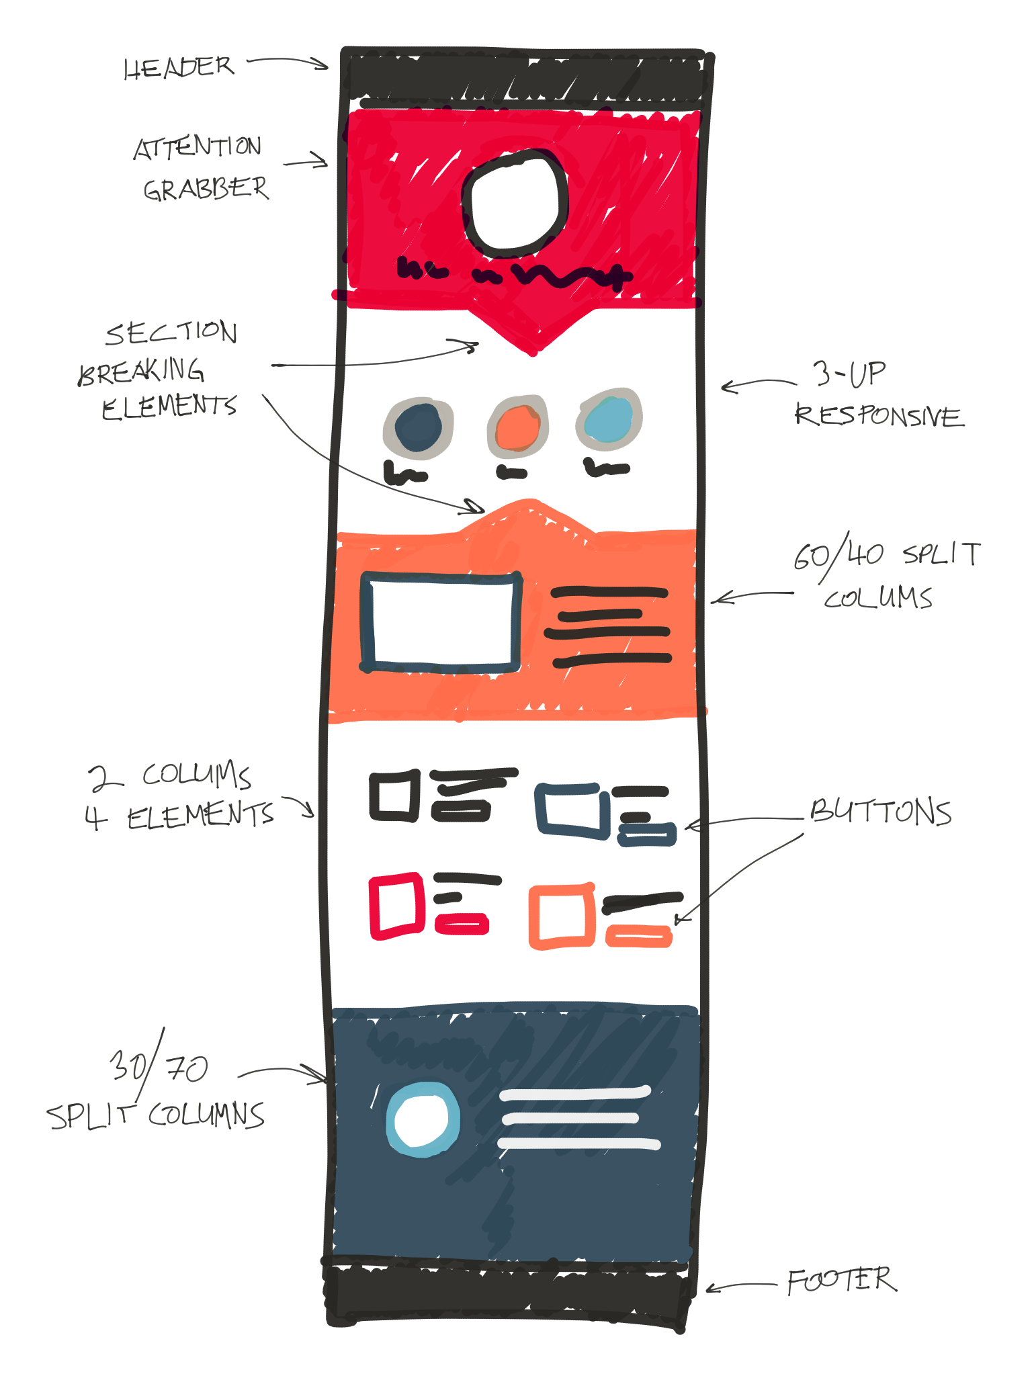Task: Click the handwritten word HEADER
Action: coord(179,67)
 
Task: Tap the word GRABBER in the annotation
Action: coord(206,189)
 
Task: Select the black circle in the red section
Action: coord(515,204)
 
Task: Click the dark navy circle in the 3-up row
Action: coord(418,428)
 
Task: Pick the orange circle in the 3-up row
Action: coord(517,428)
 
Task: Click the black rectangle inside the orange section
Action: coord(441,622)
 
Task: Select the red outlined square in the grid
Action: coord(396,906)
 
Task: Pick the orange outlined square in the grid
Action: coord(562,916)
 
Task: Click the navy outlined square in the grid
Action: coord(572,810)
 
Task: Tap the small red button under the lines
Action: coord(462,924)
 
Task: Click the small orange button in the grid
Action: coord(639,936)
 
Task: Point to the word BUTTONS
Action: coord(881,812)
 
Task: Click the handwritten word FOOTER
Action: coord(841,1281)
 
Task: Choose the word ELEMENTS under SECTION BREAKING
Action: coord(169,406)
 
